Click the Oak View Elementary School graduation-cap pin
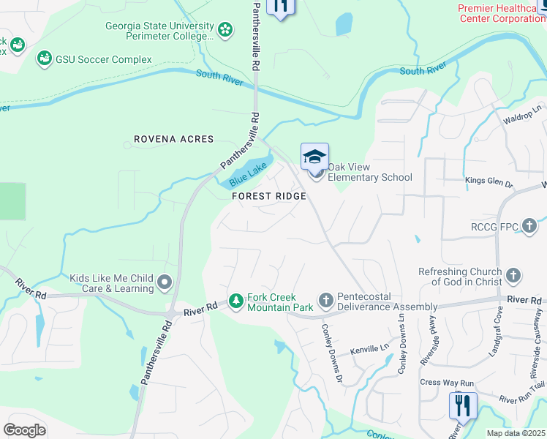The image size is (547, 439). pos(314,157)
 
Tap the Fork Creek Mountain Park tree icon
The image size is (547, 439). pos(236,301)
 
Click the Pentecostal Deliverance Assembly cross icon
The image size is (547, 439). pos(326,301)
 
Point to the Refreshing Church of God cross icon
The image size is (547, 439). pos(513,276)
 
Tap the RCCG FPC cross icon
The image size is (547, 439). pos(531,227)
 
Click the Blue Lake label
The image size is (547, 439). pos(248,173)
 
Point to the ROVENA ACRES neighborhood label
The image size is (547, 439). pos(174,139)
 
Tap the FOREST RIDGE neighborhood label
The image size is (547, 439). pos(268,196)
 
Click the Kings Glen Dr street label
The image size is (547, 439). pos(490,180)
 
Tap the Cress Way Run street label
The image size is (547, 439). pos(448,383)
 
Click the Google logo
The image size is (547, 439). pos(24,429)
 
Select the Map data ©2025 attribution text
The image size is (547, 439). pos(516,433)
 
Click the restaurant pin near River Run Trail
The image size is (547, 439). pos(463,405)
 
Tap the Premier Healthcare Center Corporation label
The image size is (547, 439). pos(502,14)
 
